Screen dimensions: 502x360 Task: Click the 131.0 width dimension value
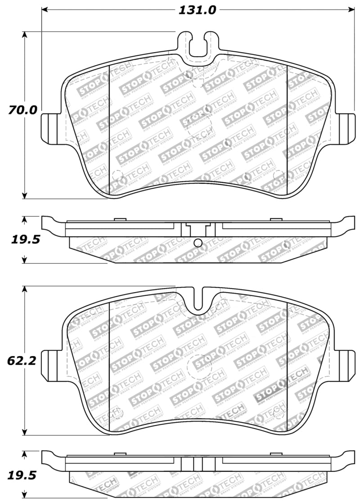(198, 9)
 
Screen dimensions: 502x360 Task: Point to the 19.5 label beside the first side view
(25, 240)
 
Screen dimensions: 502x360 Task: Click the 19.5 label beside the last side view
(25, 475)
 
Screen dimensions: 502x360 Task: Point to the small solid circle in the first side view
(198, 243)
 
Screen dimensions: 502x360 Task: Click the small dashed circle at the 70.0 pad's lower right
(278, 175)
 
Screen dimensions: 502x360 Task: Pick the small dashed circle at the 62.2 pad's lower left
(117, 412)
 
